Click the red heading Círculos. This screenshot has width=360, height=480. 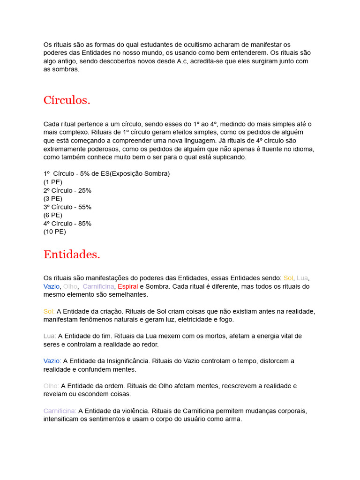tap(67, 100)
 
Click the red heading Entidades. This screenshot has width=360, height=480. tap(72, 255)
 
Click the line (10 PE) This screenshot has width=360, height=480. tap(55, 232)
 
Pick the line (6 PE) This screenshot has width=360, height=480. tap(53, 215)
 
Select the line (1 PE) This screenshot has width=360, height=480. tap(53, 182)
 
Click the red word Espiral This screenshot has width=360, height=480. tap(127, 286)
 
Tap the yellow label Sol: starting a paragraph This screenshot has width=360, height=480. tap(49, 311)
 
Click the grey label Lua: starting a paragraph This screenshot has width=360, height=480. tap(50, 336)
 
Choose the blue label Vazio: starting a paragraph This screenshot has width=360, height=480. tap(52, 361)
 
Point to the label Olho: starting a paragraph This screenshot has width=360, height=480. tap(51, 386)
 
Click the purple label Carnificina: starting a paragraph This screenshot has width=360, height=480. tap(60, 411)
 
